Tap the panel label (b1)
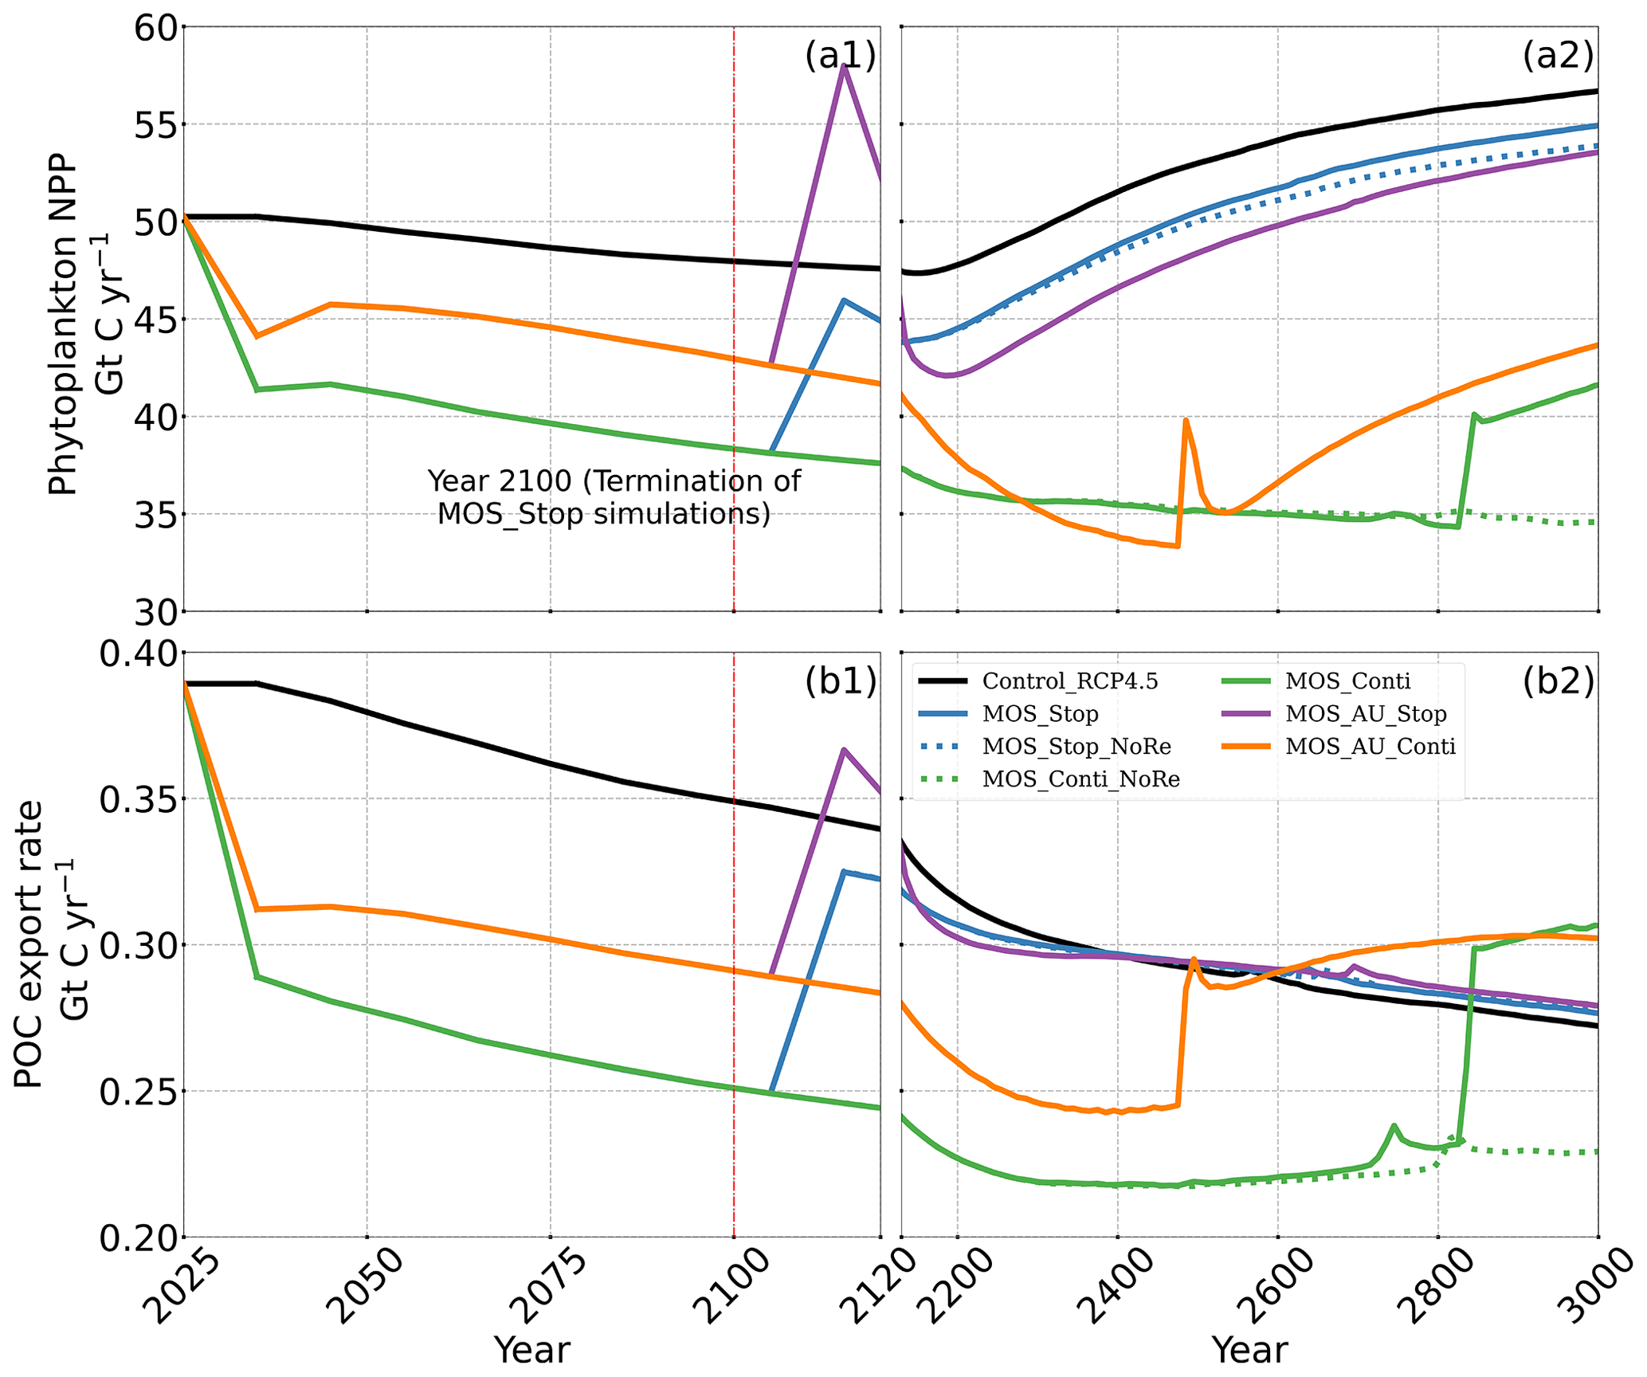click(x=840, y=682)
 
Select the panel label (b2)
click(x=1558, y=682)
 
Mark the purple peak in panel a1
click(x=844, y=65)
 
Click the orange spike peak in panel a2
click(x=1186, y=419)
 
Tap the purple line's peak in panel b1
click(x=844, y=750)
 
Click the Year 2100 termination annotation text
click(x=613, y=497)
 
